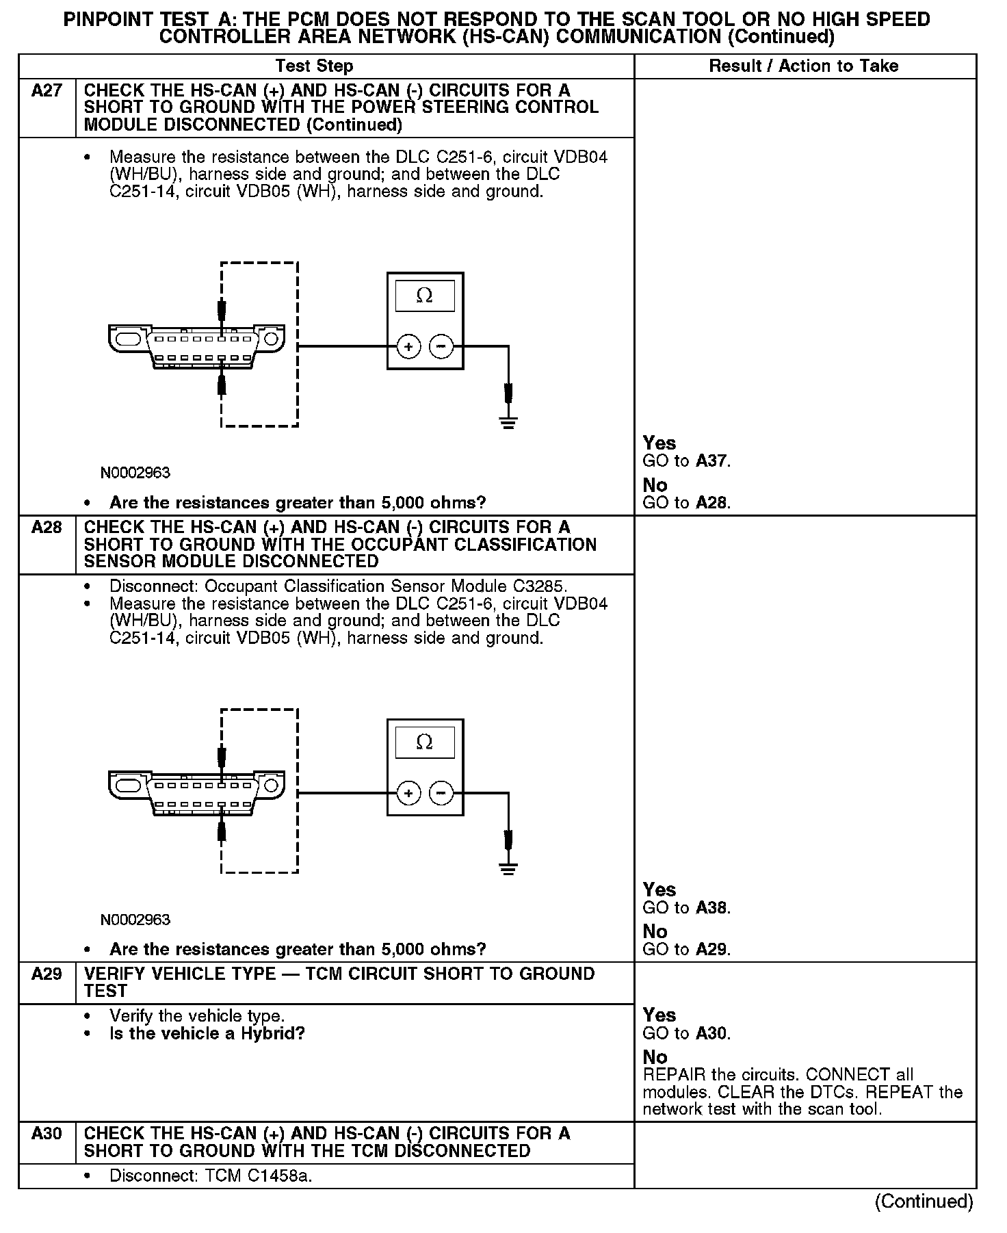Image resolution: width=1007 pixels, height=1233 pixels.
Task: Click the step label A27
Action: pos(47,91)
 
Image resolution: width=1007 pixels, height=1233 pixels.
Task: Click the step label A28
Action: pos(47,528)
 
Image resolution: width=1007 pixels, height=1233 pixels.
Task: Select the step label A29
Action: pos(47,974)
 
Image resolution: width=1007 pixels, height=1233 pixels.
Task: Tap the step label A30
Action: pos(47,1134)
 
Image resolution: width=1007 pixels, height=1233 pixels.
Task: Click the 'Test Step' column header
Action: pos(314,66)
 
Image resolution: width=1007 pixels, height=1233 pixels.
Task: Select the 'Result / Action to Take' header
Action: pos(804,66)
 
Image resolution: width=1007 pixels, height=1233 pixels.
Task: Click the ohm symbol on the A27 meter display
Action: pos(424,296)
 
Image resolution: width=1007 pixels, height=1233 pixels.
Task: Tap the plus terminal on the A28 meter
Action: pos(408,793)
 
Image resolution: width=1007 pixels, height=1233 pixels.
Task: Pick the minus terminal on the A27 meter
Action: pos(441,347)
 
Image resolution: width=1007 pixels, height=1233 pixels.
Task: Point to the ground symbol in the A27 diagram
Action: pos(508,421)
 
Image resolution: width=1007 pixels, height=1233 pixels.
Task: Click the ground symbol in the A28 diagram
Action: pos(508,868)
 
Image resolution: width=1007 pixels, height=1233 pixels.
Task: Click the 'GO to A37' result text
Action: pos(687,461)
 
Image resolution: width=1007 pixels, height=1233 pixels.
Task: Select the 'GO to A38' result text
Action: pos(687,908)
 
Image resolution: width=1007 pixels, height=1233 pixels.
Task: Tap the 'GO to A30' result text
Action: pos(687,1033)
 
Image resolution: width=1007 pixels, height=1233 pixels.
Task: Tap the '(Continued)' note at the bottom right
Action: pos(924,1201)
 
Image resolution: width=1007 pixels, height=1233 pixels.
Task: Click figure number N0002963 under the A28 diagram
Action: pos(135,920)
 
